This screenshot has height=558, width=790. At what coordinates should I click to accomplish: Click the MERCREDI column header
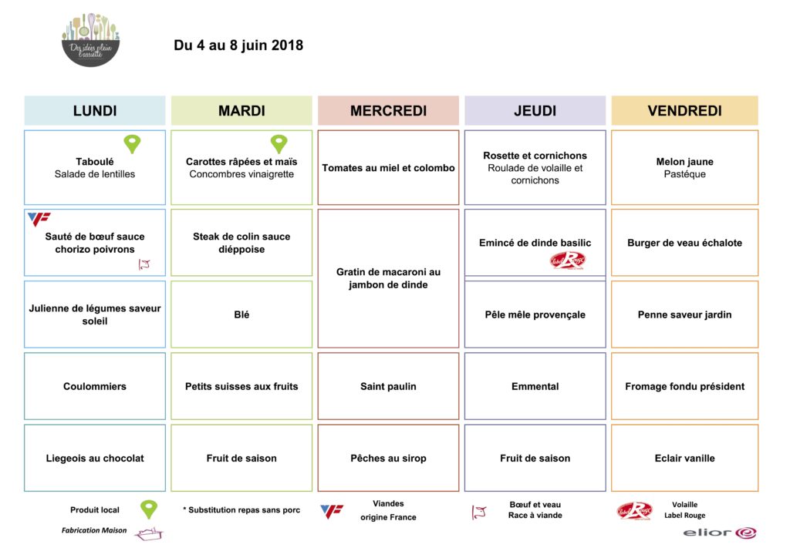pos(388,111)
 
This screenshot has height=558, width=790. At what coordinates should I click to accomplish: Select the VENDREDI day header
pos(684,111)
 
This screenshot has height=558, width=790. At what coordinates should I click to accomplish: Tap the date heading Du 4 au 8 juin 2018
pos(238,45)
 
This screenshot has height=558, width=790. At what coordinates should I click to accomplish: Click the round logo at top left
pos(90,39)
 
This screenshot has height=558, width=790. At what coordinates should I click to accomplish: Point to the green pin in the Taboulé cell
pos(133,143)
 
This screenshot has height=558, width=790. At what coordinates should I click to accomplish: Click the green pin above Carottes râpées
pos(279,143)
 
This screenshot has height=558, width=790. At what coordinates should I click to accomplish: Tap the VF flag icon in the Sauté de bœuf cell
pos(39,219)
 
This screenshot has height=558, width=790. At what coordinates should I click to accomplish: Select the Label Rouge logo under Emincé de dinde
pos(567,261)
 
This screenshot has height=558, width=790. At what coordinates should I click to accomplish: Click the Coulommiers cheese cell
pos(95,386)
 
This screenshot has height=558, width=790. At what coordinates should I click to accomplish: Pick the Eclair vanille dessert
pos(684,458)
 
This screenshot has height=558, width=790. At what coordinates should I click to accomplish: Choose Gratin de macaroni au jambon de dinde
pos(388,278)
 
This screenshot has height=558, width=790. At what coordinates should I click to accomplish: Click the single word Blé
pos(241,314)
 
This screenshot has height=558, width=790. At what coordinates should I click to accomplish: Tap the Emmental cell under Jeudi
pos(535,386)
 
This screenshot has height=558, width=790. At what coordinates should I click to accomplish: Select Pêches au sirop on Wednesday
pos(388,458)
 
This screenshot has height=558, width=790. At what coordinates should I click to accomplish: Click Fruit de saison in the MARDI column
pos(241,458)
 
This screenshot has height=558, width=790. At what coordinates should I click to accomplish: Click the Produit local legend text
pos(95,510)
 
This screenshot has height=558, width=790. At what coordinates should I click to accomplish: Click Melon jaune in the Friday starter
pos(684,162)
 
